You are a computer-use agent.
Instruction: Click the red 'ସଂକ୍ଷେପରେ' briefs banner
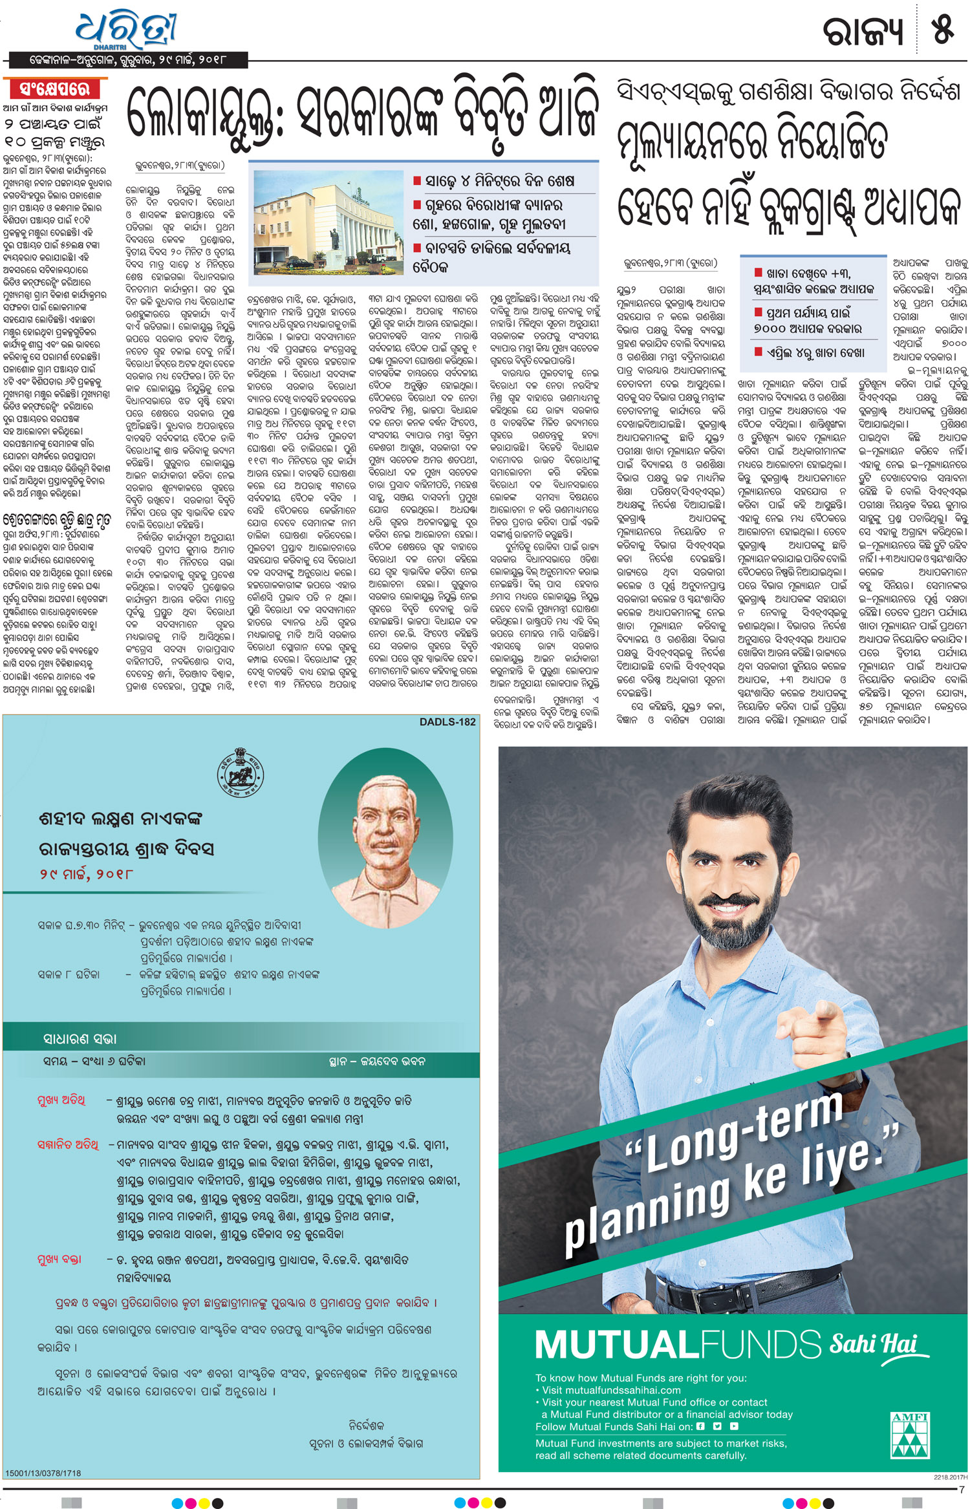point(55,89)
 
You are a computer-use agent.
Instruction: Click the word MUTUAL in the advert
point(616,1345)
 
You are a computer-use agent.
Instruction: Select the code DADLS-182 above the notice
point(447,722)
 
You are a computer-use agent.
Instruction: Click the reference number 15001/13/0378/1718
point(43,1473)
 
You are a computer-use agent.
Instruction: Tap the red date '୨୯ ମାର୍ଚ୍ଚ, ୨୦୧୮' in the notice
point(86,874)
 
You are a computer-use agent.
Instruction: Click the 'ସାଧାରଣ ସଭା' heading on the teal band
point(80,1039)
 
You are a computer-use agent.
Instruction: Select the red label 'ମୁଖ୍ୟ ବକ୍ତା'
point(59,1259)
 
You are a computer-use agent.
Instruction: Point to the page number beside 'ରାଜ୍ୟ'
point(942,30)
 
